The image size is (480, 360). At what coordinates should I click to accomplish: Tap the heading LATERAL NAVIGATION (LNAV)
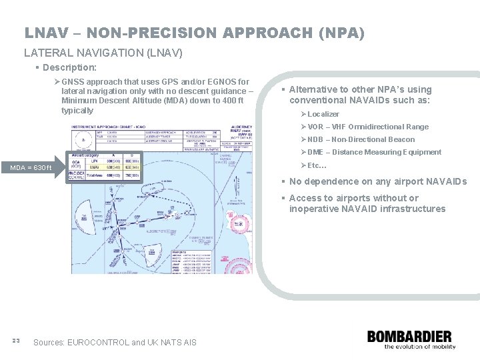pyautogui.click(x=103, y=52)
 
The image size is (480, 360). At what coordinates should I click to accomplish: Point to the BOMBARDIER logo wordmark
pyautogui.click(x=409, y=337)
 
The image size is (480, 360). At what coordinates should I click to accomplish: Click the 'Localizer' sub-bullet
pyautogui.click(x=323, y=114)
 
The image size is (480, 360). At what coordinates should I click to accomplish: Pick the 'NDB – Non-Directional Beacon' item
pyautogui.click(x=361, y=139)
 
